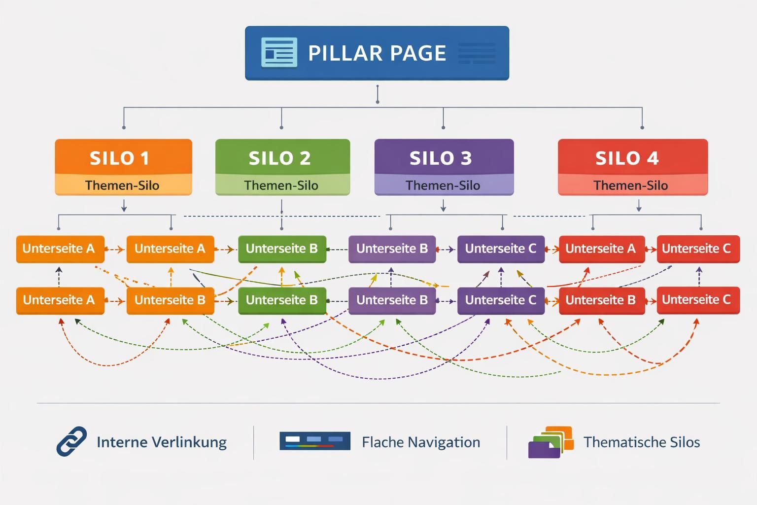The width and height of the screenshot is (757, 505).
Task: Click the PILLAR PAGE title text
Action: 377,53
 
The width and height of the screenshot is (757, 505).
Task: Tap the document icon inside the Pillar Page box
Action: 279,52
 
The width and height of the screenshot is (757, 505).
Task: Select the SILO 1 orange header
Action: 123,157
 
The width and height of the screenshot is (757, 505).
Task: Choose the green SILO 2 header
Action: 282,157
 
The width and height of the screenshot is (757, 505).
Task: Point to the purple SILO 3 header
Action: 444,157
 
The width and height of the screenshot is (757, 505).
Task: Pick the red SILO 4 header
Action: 632,157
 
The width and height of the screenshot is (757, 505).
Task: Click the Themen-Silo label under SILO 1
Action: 122,185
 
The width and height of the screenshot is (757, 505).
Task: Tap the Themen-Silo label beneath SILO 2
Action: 281,185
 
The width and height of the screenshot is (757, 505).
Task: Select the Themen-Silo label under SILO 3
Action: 443,185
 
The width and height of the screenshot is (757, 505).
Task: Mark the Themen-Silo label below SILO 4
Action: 631,185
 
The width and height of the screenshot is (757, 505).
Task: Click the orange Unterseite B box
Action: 170,300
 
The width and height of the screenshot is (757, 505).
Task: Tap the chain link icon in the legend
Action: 71,441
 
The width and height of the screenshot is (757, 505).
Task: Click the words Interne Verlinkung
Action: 162,442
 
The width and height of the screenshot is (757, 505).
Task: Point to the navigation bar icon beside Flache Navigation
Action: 314,441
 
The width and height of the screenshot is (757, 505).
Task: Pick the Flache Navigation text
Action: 421,442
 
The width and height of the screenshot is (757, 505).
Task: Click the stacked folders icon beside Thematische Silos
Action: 551,442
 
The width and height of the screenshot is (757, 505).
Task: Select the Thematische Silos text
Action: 642,442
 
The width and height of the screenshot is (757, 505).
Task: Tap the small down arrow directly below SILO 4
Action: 639,206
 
